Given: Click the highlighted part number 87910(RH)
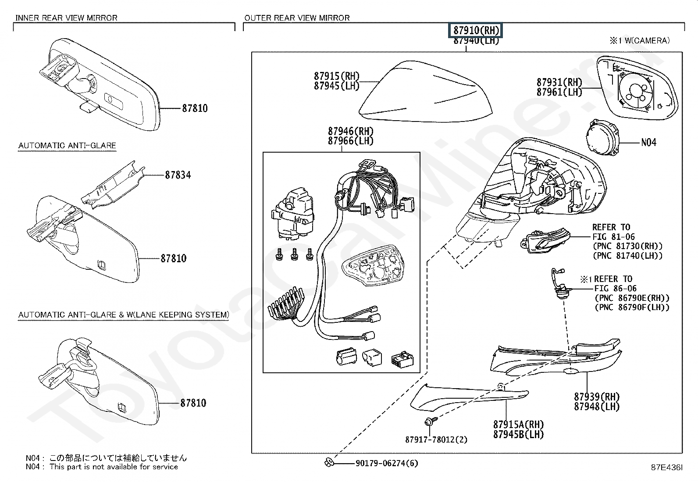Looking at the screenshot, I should pos(476,31).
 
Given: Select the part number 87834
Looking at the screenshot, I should pos(178,175).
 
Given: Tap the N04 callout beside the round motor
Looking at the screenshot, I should pos(648,143).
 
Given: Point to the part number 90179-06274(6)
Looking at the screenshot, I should pos(387,463).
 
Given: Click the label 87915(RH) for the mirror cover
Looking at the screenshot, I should pos(336,76).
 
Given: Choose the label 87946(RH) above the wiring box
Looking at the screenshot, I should pos(350,131).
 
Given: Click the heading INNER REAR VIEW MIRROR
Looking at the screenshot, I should pos(67,18).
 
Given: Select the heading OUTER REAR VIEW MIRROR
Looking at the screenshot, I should pos(297,18).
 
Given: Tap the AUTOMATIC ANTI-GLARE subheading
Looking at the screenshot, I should pos(67,146).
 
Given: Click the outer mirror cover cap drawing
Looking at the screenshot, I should pos(421,92).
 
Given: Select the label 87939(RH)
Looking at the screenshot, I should pos(597,397).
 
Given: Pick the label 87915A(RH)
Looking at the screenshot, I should pos(518,425).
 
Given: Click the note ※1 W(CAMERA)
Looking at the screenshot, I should pos(640,41).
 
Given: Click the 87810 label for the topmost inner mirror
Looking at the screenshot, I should pos(195,108).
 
